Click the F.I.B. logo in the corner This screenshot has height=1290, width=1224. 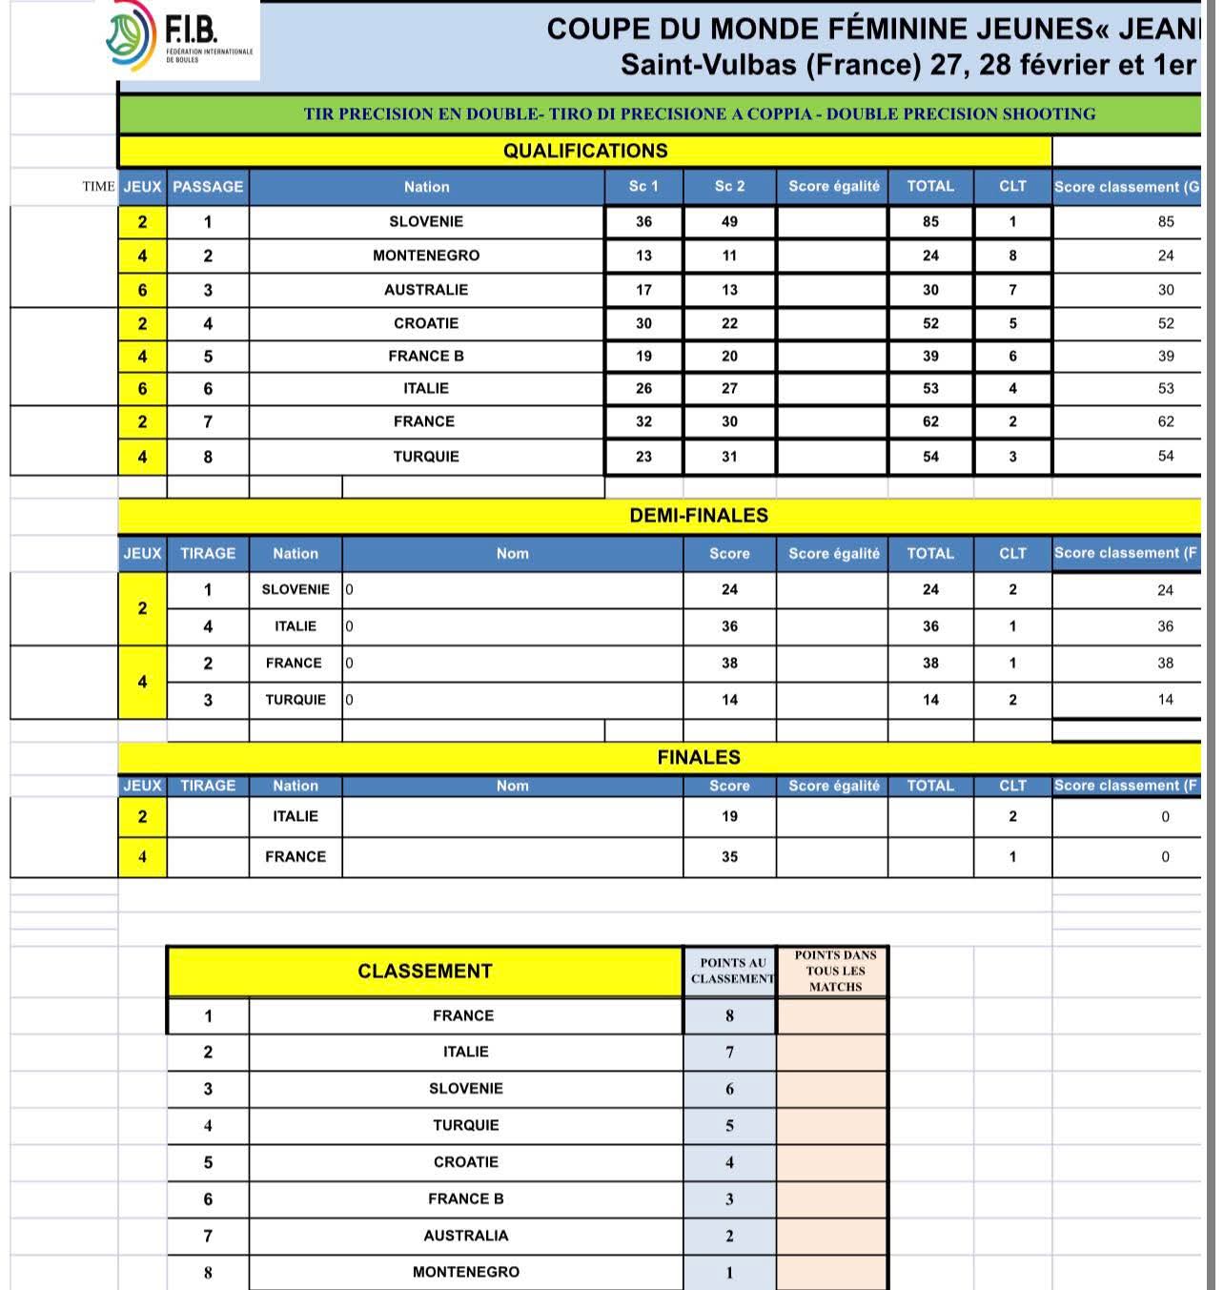[x=179, y=39]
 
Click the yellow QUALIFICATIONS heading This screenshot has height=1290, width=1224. [x=584, y=151]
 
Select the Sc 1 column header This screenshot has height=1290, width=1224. [x=643, y=186]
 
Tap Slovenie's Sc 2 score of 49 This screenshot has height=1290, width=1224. [x=729, y=221]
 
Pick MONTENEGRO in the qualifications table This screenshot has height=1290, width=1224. [x=426, y=256]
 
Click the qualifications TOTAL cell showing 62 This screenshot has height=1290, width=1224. [x=930, y=421]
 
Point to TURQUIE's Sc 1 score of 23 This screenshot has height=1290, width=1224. [x=643, y=457]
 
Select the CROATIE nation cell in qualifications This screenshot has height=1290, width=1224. [x=426, y=323]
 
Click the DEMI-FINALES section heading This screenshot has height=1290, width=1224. [x=699, y=516]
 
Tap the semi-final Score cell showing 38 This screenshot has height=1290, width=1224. [x=729, y=663]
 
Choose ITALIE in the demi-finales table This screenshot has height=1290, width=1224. [x=296, y=626]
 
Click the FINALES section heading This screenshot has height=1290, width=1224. [x=699, y=757]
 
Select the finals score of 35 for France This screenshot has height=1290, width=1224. [x=729, y=856]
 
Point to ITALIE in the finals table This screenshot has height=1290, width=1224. [x=296, y=816]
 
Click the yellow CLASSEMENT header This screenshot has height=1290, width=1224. [x=425, y=972]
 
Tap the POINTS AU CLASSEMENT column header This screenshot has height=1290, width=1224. [x=730, y=972]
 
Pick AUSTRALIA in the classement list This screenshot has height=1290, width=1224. [x=466, y=1236]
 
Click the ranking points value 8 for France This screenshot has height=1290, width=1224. [x=730, y=1015]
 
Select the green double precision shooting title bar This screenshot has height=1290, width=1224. [x=699, y=114]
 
